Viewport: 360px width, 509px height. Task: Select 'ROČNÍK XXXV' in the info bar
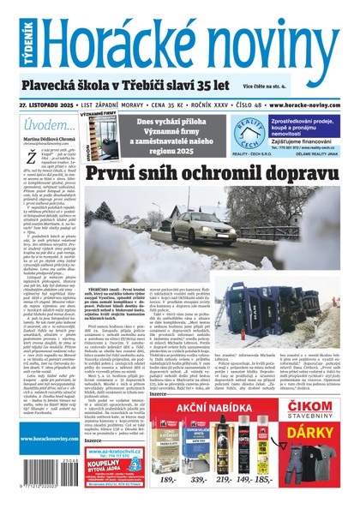(188, 104)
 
